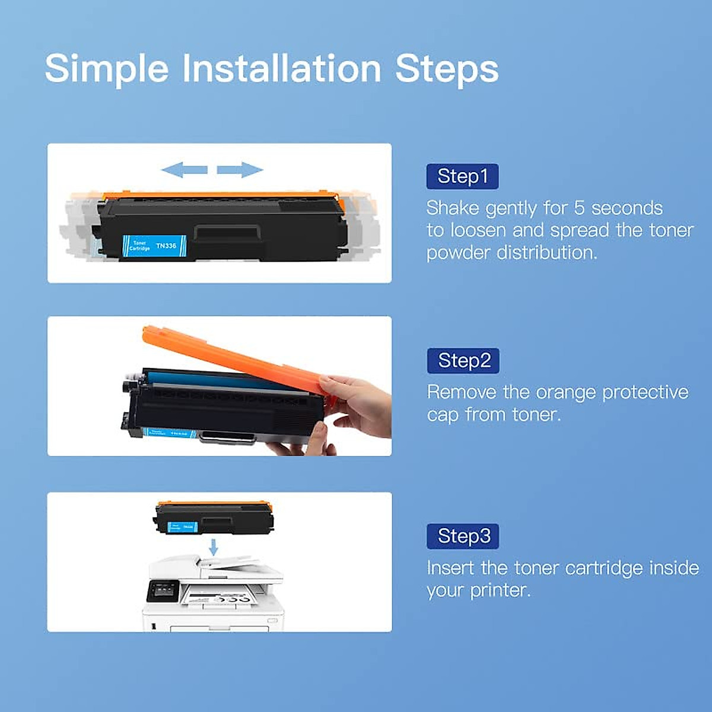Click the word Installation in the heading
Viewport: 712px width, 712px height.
(281, 68)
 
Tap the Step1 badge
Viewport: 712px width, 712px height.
(462, 176)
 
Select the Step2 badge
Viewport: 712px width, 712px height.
(463, 361)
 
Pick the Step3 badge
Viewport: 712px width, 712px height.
(463, 536)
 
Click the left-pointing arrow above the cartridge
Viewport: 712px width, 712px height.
(184, 170)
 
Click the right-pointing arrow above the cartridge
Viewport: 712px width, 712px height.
(240, 170)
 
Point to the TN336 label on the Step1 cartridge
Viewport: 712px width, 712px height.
(166, 245)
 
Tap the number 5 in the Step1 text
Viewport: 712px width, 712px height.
(579, 208)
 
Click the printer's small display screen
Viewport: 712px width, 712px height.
(162, 590)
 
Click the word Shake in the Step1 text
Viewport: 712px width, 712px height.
(452, 208)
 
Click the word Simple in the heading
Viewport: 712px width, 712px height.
(107, 68)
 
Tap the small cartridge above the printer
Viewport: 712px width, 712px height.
(214, 518)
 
